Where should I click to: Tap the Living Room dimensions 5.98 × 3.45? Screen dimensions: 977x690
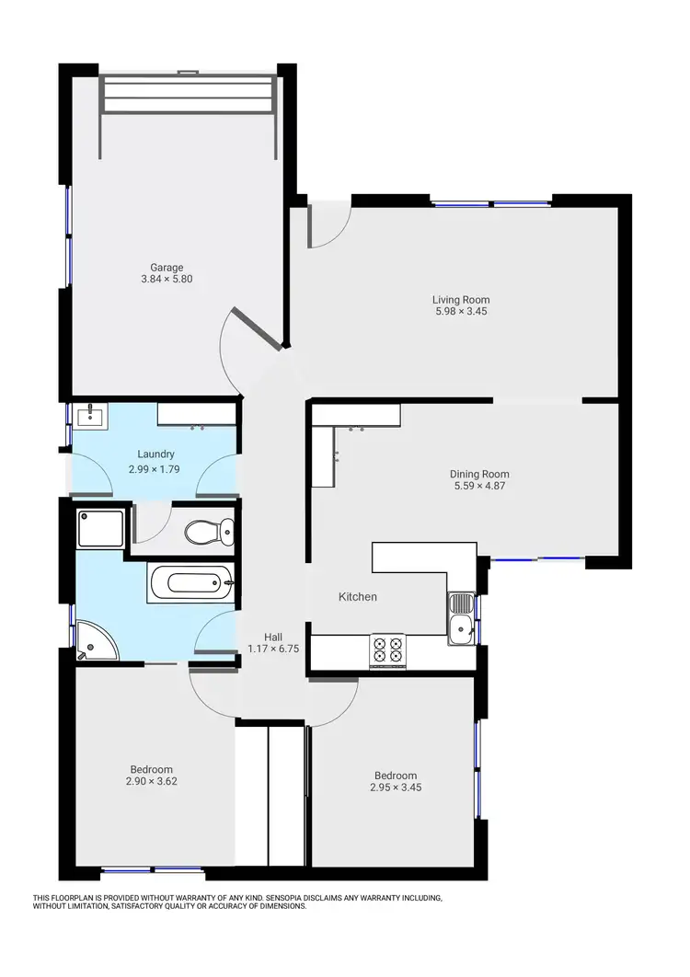pos(461,312)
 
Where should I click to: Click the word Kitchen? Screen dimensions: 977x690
pos(358,597)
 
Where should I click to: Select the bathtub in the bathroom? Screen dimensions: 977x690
pos(191,581)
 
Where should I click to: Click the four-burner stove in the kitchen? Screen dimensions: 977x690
pos(386,650)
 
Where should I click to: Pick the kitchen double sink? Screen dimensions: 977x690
pos(461,618)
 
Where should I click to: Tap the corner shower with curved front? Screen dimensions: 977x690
pos(96,641)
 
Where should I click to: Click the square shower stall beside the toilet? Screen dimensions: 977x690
pos(93,526)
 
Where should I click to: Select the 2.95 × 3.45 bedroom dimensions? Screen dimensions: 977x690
pos(396,787)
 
